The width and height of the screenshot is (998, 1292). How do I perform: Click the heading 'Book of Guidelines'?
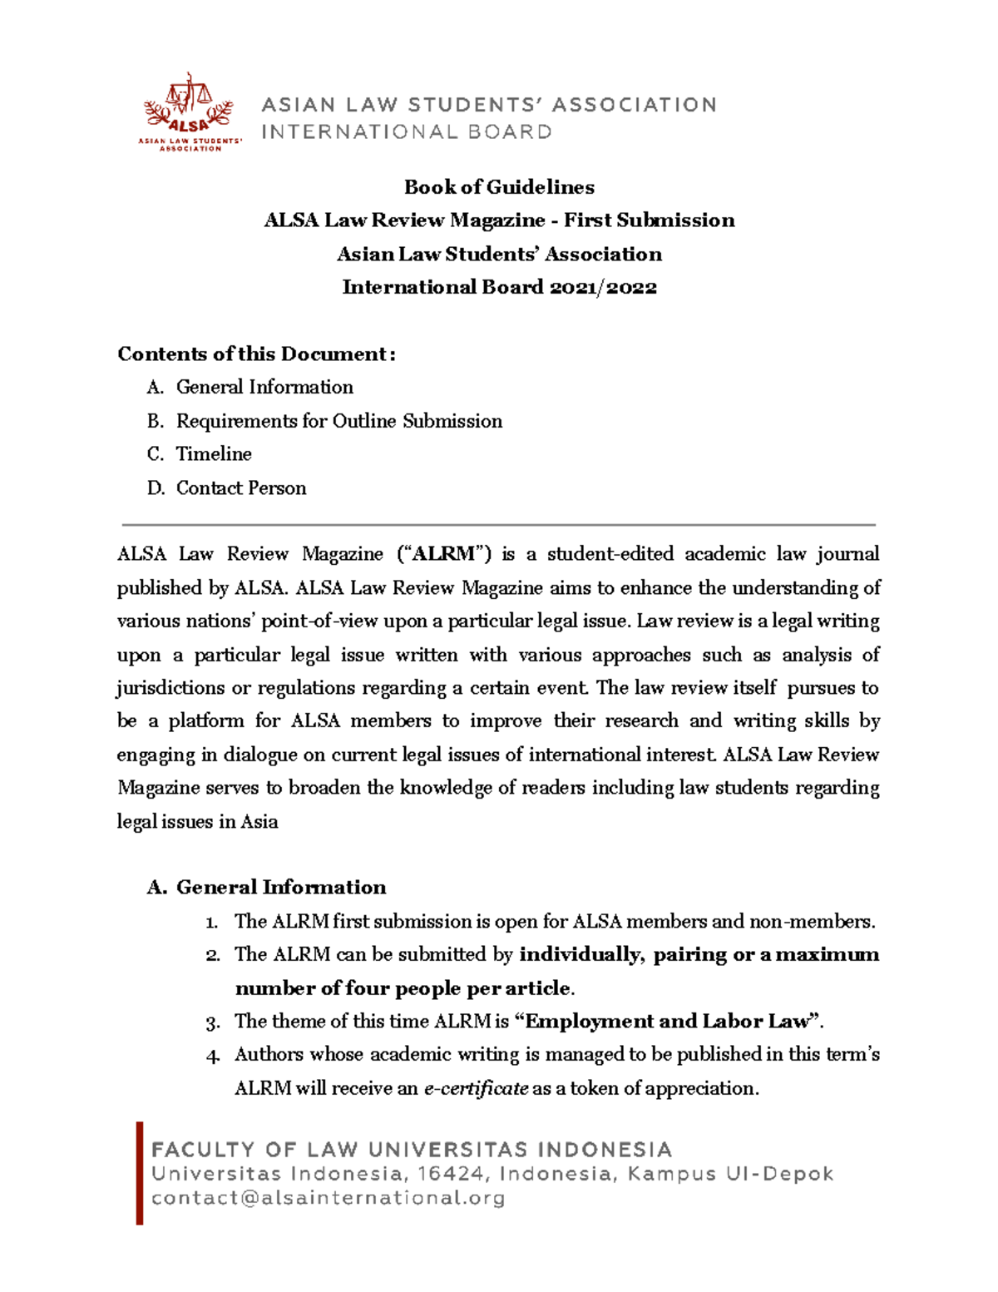coord(499,187)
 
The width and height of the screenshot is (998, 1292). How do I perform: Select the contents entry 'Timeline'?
coord(214,454)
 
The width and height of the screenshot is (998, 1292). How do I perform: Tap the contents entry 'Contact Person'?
coord(241,488)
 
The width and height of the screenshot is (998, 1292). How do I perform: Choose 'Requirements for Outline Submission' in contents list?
coord(338,421)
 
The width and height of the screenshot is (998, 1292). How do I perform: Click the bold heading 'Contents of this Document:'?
coord(256,354)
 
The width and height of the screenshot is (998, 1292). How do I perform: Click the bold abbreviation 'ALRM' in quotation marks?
coord(443,555)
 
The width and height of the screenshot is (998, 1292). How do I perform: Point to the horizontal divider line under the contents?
coord(499,525)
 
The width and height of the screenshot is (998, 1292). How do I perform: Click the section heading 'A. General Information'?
coord(266,888)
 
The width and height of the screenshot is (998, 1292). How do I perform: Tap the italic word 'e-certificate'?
coord(476,1089)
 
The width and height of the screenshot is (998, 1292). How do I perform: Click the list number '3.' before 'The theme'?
coord(213,1023)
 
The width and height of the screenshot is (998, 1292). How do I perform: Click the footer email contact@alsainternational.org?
coord(328,1198)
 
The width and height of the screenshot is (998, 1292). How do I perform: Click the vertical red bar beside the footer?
coord(140,1173)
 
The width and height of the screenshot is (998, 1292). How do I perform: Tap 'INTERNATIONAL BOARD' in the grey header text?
coord(407,132)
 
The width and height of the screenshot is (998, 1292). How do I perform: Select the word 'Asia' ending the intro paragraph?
coord(259,822)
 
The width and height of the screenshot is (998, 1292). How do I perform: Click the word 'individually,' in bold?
coord(582,955)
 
